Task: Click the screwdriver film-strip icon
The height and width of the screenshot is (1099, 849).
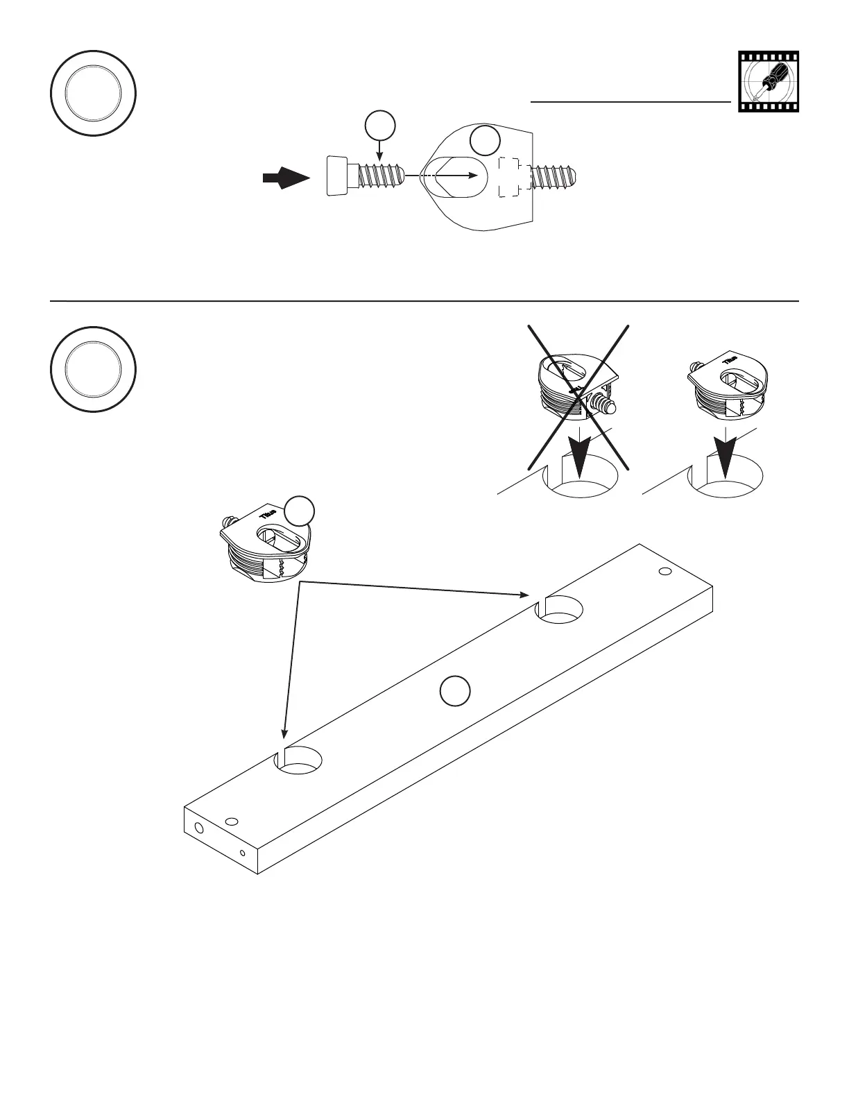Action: (769, 82)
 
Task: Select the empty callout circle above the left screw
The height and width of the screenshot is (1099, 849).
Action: (380, 127)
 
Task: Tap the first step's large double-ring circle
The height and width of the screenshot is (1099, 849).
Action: (93, 93)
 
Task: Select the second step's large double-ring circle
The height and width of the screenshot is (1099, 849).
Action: (93, 369)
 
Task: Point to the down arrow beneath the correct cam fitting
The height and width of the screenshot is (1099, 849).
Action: (725, 455)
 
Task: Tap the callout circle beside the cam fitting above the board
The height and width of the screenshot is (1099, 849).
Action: (300, 511)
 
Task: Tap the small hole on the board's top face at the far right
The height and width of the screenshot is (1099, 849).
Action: (665, 571)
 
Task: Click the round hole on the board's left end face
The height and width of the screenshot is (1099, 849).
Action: (200, 828)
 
